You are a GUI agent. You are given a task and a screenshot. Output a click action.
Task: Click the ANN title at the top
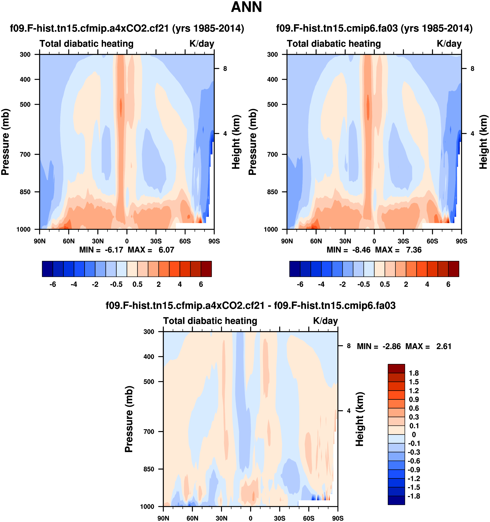[x=246, y=7]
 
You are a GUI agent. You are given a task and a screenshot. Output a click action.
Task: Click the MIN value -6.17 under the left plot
[x=114, y=250]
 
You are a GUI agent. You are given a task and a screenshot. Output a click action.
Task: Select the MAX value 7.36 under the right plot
[x=414, y=250]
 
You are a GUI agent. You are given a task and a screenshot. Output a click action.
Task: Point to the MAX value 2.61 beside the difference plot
[x=444, y=346]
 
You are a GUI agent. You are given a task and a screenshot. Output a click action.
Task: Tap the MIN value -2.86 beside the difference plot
[x=392, y=346]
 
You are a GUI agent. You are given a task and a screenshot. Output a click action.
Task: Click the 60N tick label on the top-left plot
[x=69, y=241]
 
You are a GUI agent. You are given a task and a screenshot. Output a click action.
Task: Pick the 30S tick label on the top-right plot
[x=403, y=241]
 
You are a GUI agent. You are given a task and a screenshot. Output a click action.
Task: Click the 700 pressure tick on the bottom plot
[x=149, y=431]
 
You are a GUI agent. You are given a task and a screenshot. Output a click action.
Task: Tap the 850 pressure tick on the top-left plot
[x=25, y=192]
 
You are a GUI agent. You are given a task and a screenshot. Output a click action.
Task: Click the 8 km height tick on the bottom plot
[x=349, y=346]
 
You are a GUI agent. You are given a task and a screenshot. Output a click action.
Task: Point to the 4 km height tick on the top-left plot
[x=225, y=134]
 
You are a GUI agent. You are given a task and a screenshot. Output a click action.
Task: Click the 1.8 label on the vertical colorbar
[x=414, y=373]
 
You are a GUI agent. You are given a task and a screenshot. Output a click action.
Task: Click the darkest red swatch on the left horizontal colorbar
[x=206, y=269]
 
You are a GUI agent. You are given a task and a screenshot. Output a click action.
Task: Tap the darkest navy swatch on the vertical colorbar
[x=396, y=500]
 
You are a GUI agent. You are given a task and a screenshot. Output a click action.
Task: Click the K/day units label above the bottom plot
[x=325, y=321]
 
